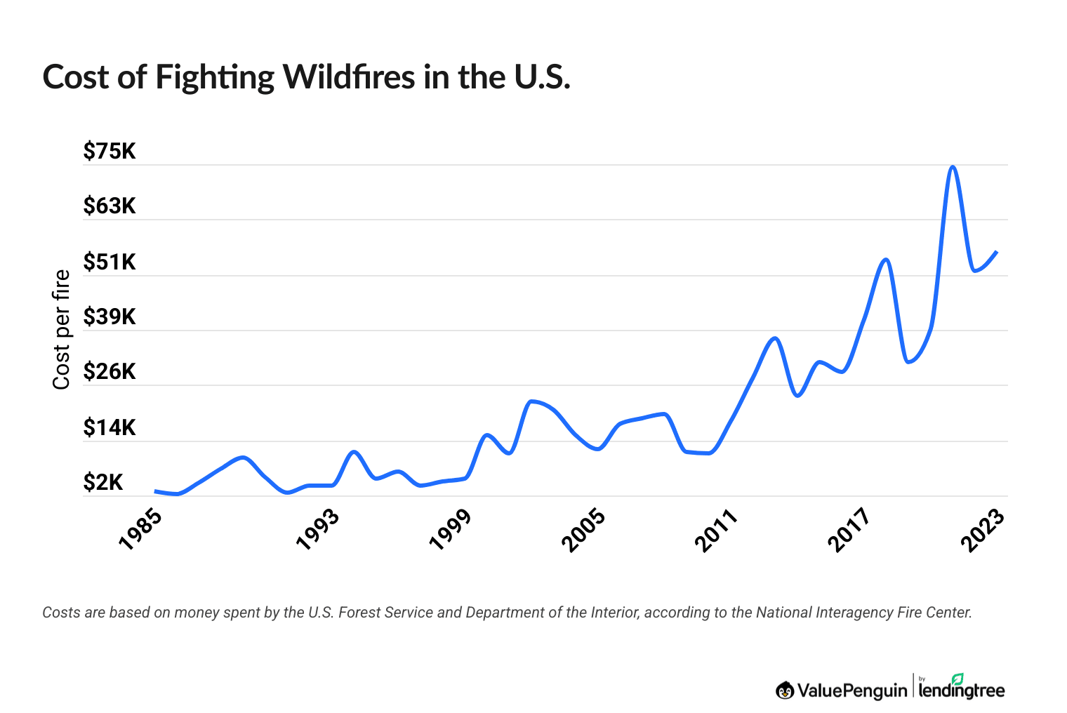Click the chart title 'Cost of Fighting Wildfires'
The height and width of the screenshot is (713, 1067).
[306, 77]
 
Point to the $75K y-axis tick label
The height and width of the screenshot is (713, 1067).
[110, 151]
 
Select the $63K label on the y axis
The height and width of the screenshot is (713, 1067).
[110, 206]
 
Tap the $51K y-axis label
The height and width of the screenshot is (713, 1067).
[110, 262]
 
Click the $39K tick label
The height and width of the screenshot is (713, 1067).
[110, 316]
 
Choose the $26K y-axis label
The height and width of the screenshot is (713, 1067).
[110, 371]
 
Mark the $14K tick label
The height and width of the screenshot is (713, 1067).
[110, 427]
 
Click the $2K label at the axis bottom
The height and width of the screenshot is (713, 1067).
[103, 482]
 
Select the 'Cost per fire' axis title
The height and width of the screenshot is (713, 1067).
[62, 329]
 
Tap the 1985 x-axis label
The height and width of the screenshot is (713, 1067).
[140, 529]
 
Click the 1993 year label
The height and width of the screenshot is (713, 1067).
[317, 529]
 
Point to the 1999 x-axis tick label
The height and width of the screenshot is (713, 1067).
[450, 529]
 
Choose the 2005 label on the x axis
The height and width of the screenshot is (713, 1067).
[583, 529]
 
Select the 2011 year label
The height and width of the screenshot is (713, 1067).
[716, 529]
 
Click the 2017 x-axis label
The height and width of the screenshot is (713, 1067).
[849, 529]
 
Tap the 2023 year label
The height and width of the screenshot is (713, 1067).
[982, 529]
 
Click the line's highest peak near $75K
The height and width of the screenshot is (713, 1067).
[952, 167]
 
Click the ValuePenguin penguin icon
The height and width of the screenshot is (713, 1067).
[785, 691]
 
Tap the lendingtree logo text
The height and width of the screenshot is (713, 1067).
[962, 691]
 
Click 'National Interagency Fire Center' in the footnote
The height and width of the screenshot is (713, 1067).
[863, 612]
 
